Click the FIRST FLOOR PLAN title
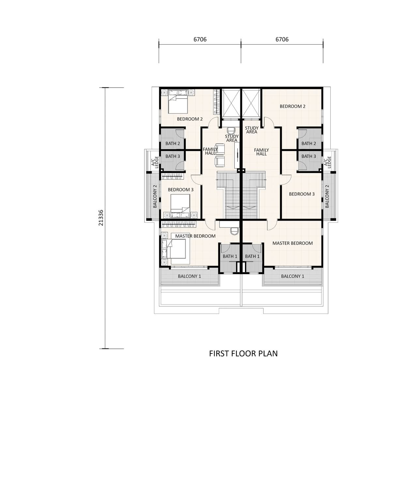(243, 353)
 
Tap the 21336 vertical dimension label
(101, 218)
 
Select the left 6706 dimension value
(200, 39)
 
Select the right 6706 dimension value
(282, 39)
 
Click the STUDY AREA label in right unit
(252, 130)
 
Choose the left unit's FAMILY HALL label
(210, 151)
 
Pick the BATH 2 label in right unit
(308, 143)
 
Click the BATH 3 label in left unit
(173, 156)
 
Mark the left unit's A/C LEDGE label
(155, 162)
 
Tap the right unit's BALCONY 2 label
(327, 196)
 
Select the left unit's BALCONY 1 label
(189, 276)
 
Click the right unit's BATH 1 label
(252, 257)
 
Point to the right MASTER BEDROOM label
(293, 243)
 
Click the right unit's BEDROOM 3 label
(302, 194)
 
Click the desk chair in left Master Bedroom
(234, 231)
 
